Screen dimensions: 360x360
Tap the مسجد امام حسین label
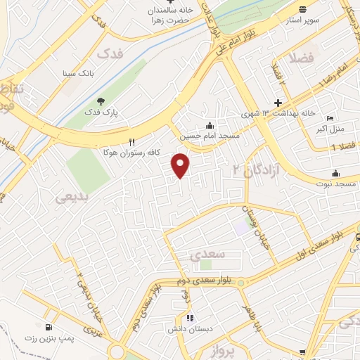click(210, 136)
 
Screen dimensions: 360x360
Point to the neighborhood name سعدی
click(207, 255)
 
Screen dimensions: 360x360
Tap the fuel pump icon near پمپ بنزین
click(48, 327)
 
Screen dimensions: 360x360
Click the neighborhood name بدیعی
click(72, 198)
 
